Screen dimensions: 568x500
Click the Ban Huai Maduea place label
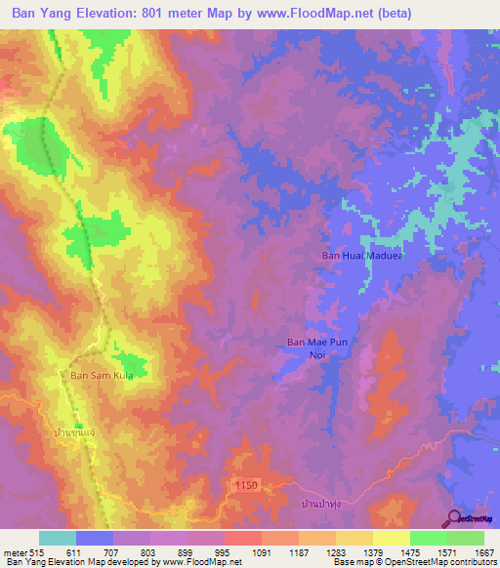tap(362, 257)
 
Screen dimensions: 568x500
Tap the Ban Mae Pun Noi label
tap(316, 348)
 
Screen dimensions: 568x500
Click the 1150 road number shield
tap(248, 484)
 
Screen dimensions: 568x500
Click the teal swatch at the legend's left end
tap(57, 538)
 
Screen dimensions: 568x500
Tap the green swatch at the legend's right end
tap(466, 538)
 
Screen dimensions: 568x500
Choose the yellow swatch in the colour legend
tap(391, 538)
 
